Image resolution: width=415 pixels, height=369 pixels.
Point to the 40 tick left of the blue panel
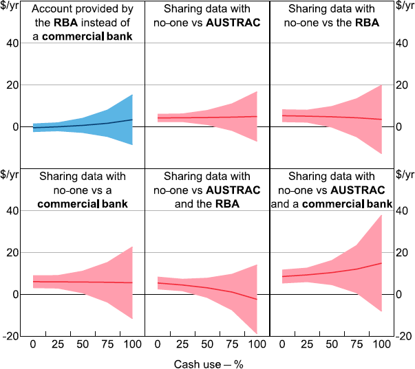tap(13, 43)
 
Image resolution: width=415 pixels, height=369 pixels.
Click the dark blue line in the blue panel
tap(83, 125)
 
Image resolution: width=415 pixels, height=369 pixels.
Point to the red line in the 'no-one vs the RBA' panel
tap(330, 117)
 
